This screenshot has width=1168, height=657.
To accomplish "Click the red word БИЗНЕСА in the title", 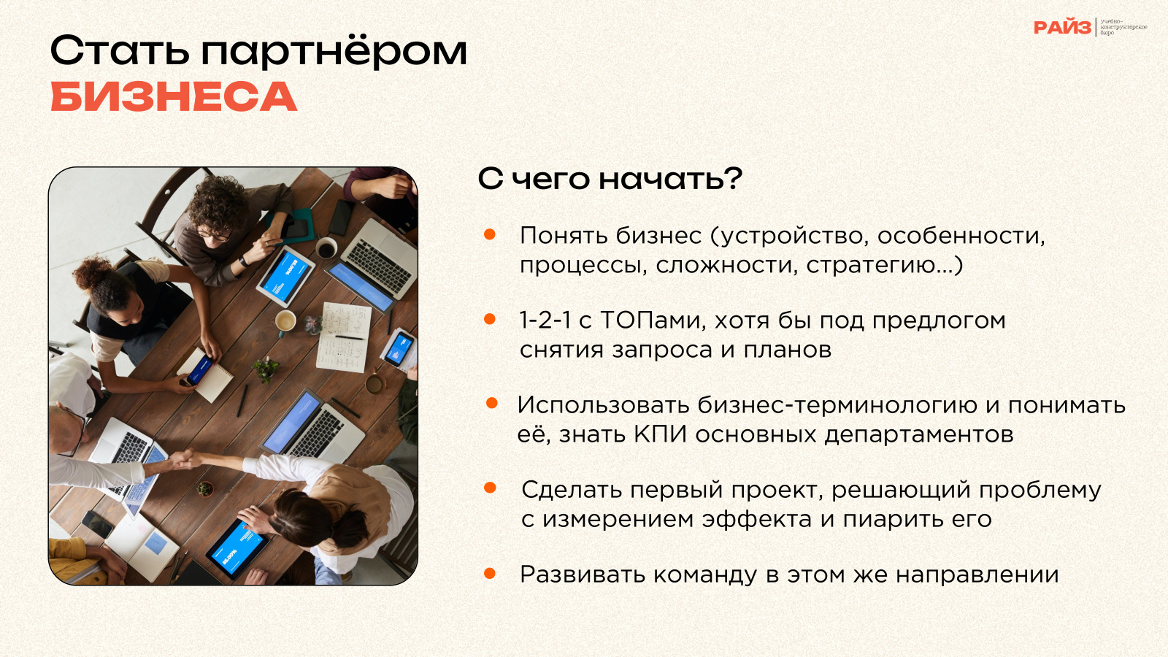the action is point(174,97).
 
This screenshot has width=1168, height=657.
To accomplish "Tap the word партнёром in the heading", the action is point(334,52).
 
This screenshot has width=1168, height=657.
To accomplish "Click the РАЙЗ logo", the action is point(1063,28).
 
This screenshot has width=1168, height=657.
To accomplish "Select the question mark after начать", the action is point(733,178).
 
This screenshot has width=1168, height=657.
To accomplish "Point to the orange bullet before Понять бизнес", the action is point(489,234).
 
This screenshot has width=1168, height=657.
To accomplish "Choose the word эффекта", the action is point(756,519).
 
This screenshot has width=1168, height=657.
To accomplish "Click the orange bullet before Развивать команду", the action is point(489,574).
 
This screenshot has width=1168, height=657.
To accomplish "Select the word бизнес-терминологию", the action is point(837,405).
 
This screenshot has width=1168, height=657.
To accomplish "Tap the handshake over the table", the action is point(187,459).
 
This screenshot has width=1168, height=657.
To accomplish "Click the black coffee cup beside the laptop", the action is point(326,248).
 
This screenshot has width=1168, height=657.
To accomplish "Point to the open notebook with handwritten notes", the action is point(344,337).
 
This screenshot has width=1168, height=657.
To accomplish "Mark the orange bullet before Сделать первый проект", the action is point(490,488).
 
